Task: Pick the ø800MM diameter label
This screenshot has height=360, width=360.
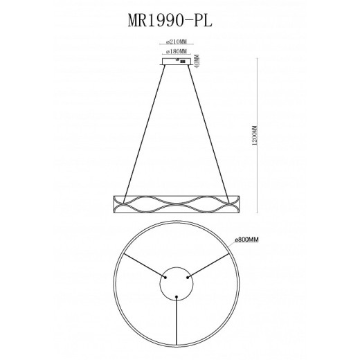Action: click(x=247, y=240)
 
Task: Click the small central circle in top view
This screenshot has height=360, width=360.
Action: click(x=177, y=284)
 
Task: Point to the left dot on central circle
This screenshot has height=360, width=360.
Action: click(x=164, y=278)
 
